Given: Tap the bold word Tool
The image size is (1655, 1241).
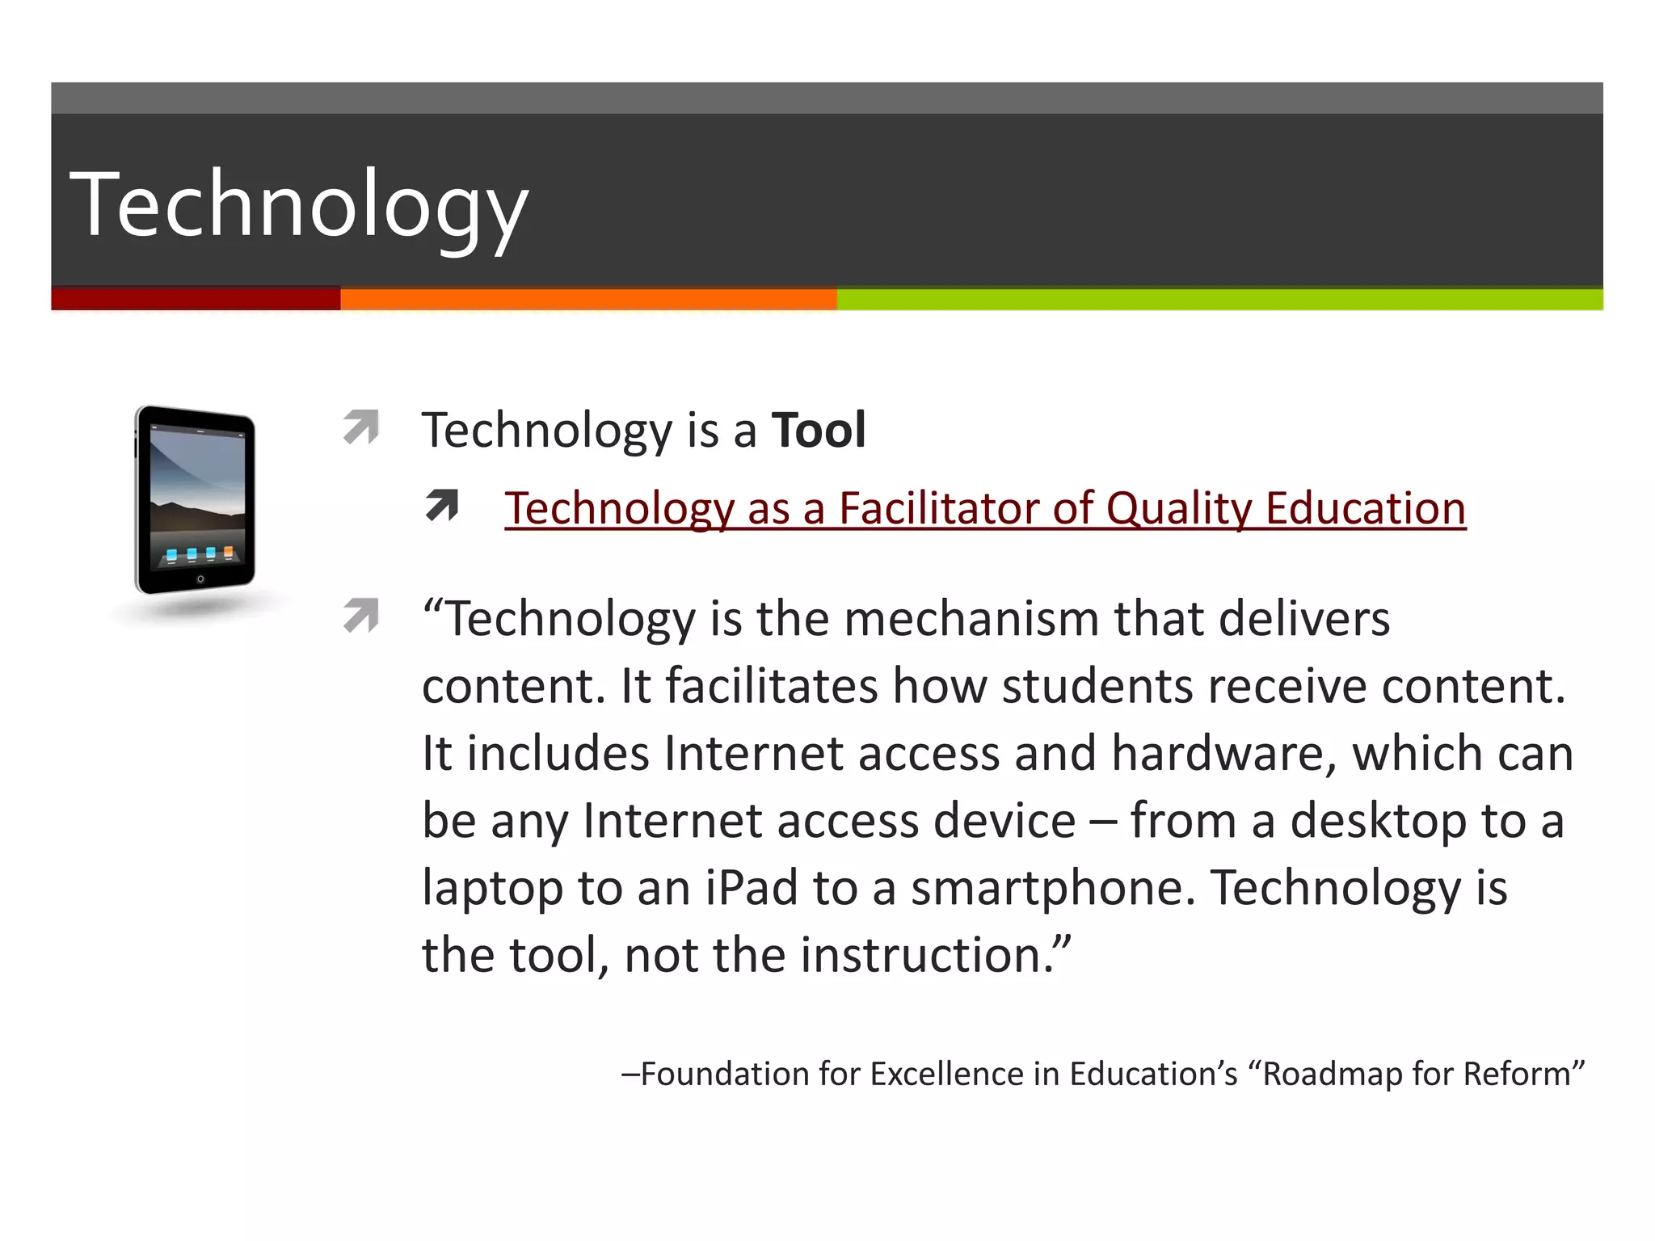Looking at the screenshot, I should pos(819,430).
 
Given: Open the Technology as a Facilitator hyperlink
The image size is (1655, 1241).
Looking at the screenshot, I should pos(984,509).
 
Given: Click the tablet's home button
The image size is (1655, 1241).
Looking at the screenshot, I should pos(200,579).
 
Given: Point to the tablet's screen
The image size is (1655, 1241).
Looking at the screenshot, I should pos(197,493).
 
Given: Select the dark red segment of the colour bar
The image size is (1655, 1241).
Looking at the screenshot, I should pos(196,299).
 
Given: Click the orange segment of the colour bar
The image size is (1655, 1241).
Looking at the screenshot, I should pos(588,299).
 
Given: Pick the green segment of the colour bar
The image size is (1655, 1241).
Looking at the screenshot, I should pos(1219,299).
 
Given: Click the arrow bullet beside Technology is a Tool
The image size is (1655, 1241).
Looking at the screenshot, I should pos(361,427).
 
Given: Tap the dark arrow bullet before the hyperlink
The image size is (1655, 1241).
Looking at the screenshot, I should pos(442,506).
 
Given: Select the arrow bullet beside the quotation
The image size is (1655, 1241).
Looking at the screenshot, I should pos(361,616).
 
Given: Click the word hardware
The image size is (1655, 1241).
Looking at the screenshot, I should pos(1223,754).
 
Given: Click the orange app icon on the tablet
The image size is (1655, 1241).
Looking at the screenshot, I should pos(229,553).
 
